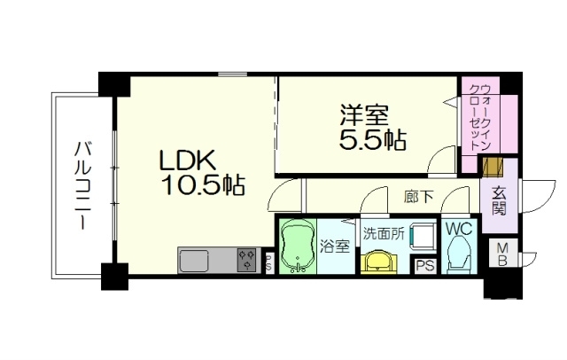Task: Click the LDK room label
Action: pyautogui.click(x=188, y=160)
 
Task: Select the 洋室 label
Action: pyautogui.click(x=364, y=115)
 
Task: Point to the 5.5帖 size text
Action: pyautogui.click(x=373, y=139)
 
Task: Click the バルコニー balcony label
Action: pyautogui.click(x=82, y=185)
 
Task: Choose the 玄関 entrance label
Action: pyautogui.click(x=499, y=202)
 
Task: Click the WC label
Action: pyautogui.click(x=459, y=229)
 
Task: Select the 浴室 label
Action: pyautogui.click(x=335, y=247)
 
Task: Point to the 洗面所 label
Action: pyautogui.click(x=384, y=234)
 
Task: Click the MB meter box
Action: pyautogui.click(x=502, y=254)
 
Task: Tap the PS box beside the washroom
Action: pyautogui.click(x=425, y=266)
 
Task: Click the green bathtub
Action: pyautogui.click(x=297, y=246)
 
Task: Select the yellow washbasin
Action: pyautogui.click(x=379, y=262)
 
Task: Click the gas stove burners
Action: pyautogui.click(x=247, y=260)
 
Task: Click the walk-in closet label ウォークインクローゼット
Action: pyautogui.click(x=480, y=118)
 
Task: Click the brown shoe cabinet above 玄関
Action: pyautogui.click(x=493, y=167)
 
